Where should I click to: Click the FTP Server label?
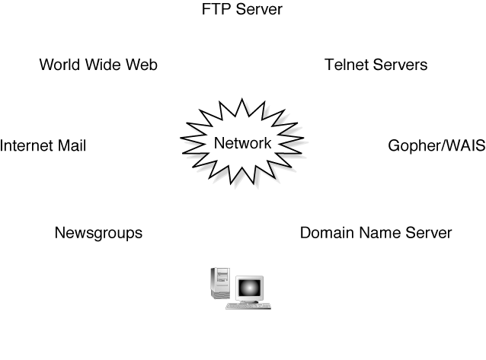pyautogui.click(x=242, y=10)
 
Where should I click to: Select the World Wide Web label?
pyautogui.click(x=98, y=65)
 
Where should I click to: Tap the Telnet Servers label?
pyautogui.click(x=376, y=65)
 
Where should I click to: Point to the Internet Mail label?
pyautogui.click(x=43, y=145)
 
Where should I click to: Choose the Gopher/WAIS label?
pyautogui.click(x=436, y=146)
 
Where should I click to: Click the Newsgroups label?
pyautogui.click(x=98, y=233)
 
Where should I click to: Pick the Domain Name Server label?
pyautogui.click(x=376, y=233)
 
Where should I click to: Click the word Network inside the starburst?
pyautogui.click(x=242, y=143)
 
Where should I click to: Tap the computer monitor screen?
pyautogui.click(x=250, y=288)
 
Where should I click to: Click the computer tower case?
pyautogui.click(x=219, y=284)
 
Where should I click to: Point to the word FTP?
pyautogui.click(x=216, y=10)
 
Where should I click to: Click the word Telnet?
pyautogui.click(x=347, y=65)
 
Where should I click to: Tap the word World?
pyautogui.click(x=58, y=65)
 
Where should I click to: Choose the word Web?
pyautogui.click(x=142, y=65)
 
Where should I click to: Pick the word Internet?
pyautogui.click(x=26, y=145)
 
